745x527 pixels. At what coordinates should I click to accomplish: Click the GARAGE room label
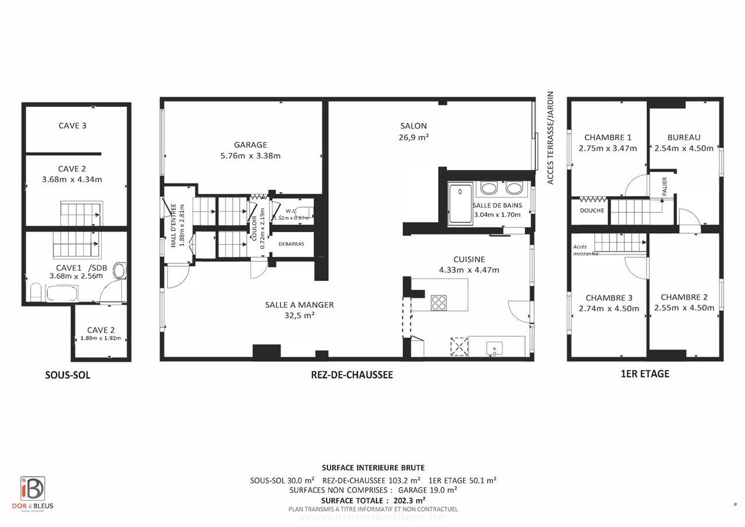coord(250,145)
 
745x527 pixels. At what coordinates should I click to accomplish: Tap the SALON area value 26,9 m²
coord(413,138)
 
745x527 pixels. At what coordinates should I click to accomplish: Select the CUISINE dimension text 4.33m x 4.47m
coord(469,270)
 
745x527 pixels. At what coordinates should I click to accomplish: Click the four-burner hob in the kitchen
coord(438,302)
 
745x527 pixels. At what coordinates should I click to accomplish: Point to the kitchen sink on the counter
coord(494,348)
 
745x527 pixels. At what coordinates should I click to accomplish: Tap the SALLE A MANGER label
coord(299,305)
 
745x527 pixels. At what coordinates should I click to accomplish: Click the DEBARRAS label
coord(291,244)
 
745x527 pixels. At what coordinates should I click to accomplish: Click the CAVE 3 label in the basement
coord(72,125)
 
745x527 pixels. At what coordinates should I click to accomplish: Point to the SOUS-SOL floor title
coord(68,375)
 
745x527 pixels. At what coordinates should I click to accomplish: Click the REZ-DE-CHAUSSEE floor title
coord(352,375)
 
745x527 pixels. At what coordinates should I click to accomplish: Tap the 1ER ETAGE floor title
coord(645,374)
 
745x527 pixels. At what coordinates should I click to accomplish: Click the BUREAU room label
coord(684,138)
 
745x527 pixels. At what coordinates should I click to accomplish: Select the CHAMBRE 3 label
coord(609,298)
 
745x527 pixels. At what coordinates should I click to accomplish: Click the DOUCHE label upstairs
coord(592,211)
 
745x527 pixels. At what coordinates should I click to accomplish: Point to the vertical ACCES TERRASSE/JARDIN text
coord(550,138)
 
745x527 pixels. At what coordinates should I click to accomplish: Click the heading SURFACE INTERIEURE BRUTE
coord(373,468)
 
